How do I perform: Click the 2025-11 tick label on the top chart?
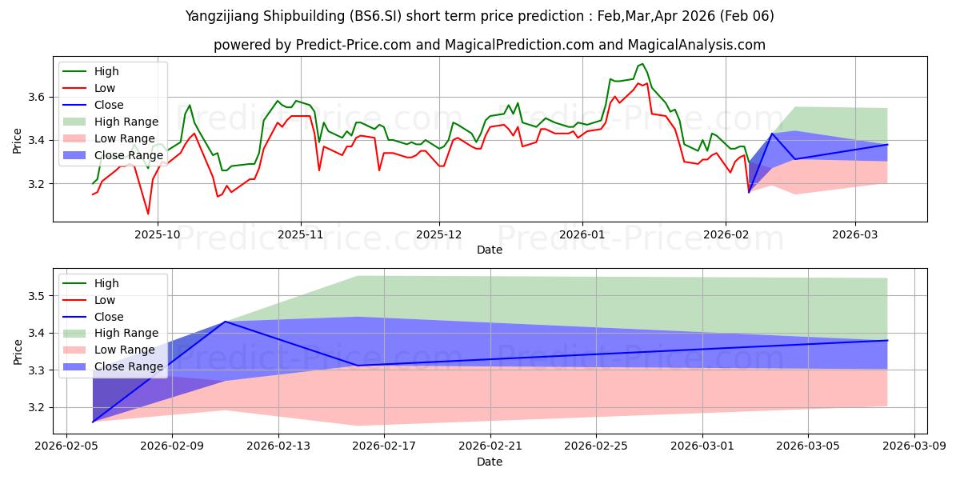point(301,236)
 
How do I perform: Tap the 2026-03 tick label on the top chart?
point(855,236)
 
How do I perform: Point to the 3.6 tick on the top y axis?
point(38,97)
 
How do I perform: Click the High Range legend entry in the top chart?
point(126,122)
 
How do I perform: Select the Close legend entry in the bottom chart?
point(109,317)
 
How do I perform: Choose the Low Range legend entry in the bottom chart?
point(126,350)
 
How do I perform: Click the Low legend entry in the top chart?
point(105,88)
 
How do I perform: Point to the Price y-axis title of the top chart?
point(18,139)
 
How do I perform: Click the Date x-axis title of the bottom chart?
point(489,462)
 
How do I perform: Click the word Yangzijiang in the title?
point(218,16)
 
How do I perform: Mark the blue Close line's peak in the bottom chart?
point(226,322)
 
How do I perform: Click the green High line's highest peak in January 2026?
point(642,64)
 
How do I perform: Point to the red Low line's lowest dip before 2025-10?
point(148,214)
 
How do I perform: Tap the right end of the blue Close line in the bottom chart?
point(887,341)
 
